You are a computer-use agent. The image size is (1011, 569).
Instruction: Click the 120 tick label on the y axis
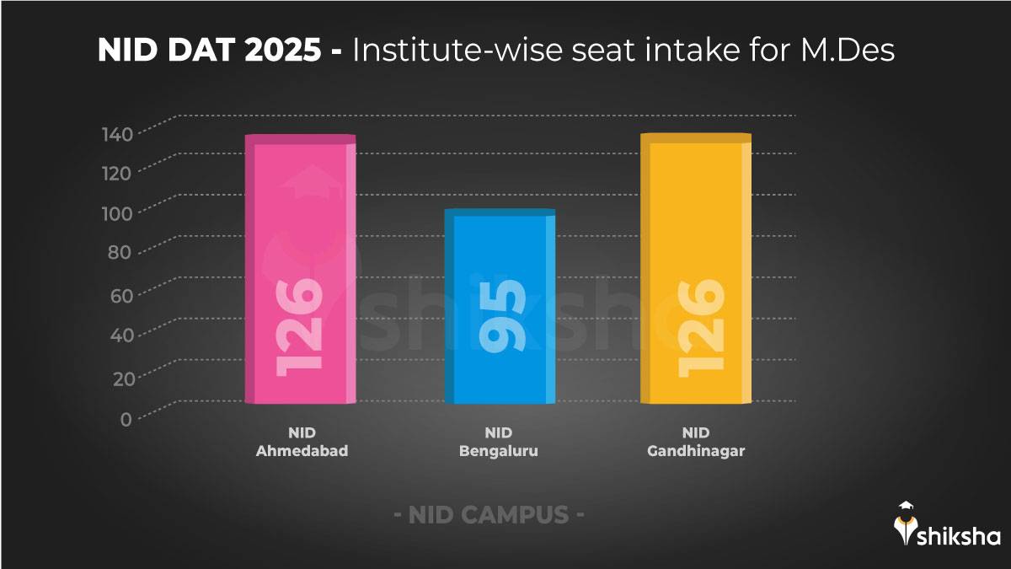[118, 174]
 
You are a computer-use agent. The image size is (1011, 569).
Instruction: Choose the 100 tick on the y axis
[118, 214]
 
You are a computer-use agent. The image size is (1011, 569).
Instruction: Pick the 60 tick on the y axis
[120, 295]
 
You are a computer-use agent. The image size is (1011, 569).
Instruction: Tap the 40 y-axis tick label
[120, 335]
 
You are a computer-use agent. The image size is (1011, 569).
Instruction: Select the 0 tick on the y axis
[126, 418]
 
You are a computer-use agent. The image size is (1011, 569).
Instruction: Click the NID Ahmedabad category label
[302, 443]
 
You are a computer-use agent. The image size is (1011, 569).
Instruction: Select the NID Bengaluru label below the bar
[499, 443]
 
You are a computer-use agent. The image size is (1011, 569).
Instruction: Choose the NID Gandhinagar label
[696, 443]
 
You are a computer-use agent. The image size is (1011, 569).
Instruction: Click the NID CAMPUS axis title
[489, 515]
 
